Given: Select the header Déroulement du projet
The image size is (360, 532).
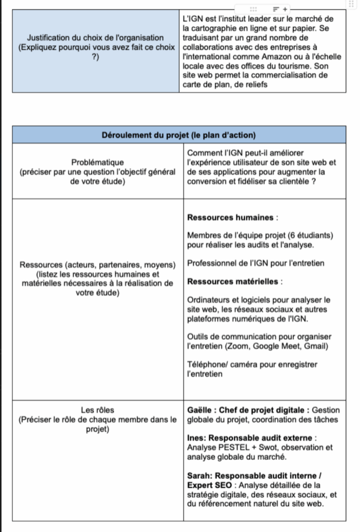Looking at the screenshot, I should pyautogui.click(x=179, y=135).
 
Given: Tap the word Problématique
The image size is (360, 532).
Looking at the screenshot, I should pyautogui.click(x=98, y=163).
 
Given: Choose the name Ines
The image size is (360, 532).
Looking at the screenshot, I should pyautogui.click(x=196, y=438).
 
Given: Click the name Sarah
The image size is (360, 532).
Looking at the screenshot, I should pyautogui.click(x=199, y=475).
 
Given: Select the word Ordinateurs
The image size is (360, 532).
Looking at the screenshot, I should pyautogui.click(x=209, y=300).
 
